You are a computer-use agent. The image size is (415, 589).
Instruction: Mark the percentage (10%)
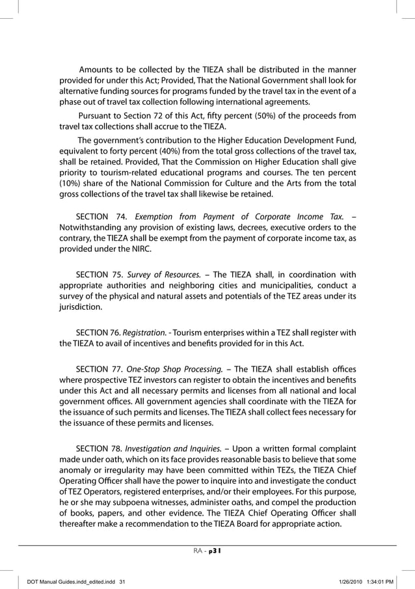70,184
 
